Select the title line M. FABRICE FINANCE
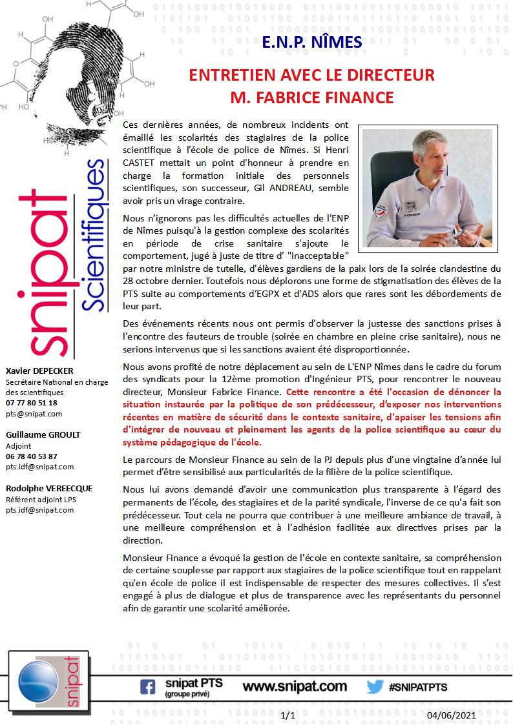pos(312,97)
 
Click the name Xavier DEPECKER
pos(39,371)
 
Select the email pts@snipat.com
pos(34,414)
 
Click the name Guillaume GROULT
pos(39,434)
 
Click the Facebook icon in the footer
pos(147,687)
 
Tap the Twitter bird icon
pos(375,687)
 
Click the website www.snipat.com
pos(295,686)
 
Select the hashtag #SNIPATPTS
pos(418,687)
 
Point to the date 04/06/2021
pos(452,715)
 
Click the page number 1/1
pos(289,715)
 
